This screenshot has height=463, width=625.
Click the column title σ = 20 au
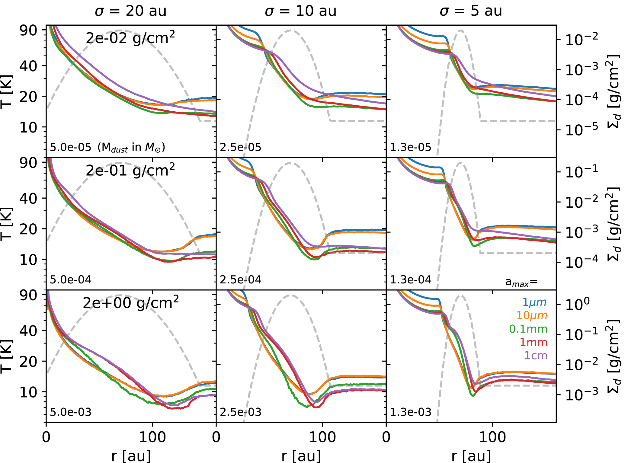click(x=130, y=11)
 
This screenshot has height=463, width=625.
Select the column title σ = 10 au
click(x=300, y=11)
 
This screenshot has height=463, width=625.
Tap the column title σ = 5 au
click(x=471, y=11)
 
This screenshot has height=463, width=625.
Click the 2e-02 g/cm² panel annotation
click(x=130, y=38)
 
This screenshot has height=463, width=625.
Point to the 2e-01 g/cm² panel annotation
click(x=130, y=171)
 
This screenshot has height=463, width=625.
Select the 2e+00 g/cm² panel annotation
click(x=130, y=303)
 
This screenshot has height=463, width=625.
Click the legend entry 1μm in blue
click(x=534, y=302)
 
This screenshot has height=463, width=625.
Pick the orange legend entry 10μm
click(x=531, y=315)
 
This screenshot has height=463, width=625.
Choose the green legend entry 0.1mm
click(x=528, y=329)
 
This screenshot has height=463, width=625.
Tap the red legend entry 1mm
click(x=533, y=342)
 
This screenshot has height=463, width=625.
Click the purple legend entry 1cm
click(x=535, y=356)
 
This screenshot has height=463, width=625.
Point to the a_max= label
click(x=521, y=282)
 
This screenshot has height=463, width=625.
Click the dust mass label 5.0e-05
click(x=70, y=147)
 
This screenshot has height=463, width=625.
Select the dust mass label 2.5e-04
click(x=240, y=280)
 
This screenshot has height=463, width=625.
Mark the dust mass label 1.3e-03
click(x=411, y=412)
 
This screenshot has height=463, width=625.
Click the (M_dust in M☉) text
click(x=131, y=148)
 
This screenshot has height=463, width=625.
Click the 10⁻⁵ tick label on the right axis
click(x=581, y=130)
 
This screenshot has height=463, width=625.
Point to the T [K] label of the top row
click(x=7, y=91)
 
